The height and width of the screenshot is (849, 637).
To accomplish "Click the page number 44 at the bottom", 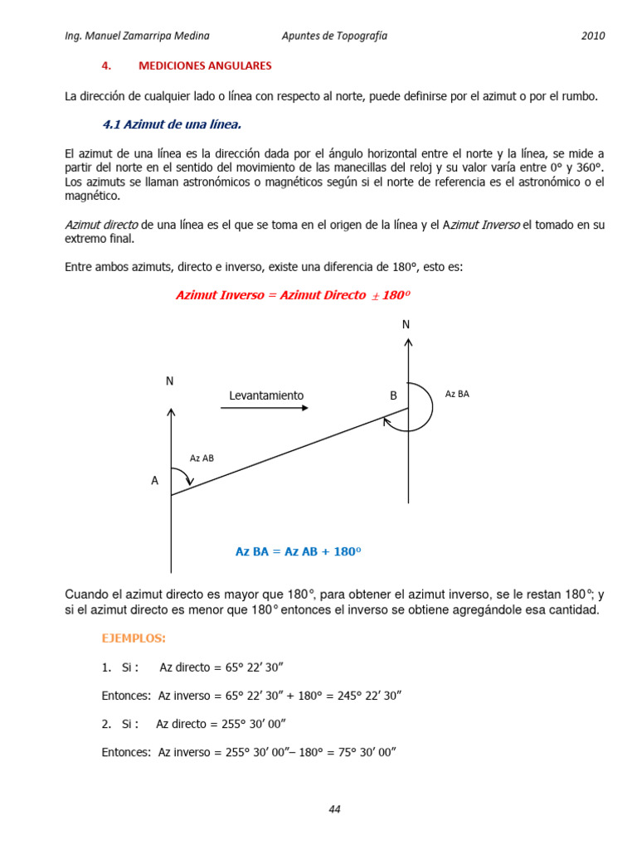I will pyautogui.click(x=334, y=809).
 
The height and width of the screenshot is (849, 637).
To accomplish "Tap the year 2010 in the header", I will pyautogui.click(x=592, y=36).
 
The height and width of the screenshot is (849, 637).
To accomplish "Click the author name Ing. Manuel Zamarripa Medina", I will pyautogui.click(x=137, y=36).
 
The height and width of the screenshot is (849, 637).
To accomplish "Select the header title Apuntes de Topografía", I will pyautogui.click(x=334, y=36).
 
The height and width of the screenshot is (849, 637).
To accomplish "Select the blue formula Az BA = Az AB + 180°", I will pyautogui.click(x=300, y=551).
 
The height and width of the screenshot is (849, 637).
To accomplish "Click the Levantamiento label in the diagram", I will pyautogui.click(x=266, y=395).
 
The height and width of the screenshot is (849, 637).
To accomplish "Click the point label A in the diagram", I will pyautogui.click(x=154, y=480).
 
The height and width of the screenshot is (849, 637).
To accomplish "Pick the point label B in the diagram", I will pyautogui.click(x=393, y=396).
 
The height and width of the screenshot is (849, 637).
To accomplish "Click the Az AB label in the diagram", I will pyautogui.click(x=202, y=458).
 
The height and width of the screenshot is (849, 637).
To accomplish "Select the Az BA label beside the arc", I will pyautogui.click(x=457, y=394).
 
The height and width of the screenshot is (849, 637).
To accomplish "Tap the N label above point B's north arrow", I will pyautogui.click(x=406, y=324).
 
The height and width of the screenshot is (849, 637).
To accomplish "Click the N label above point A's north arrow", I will pyautogui.click(x=169, y=381).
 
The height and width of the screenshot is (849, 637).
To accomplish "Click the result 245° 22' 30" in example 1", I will pyautogui.click(x=369, y=695).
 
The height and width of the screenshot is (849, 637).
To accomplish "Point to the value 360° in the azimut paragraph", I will pyautogui.click(x=586, y=168).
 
